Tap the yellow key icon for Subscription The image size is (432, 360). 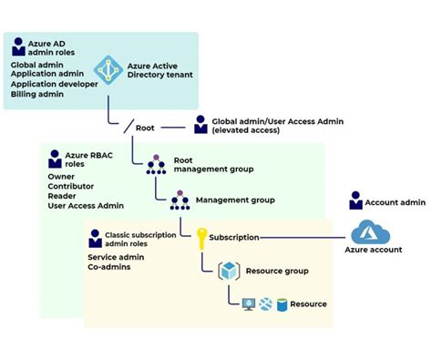coord(198,237)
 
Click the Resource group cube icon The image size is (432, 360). coord(230,271)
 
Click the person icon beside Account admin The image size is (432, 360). coord(356,200)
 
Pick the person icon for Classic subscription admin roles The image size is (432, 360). coord(95,240)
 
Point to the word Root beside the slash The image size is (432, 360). coord(145,129)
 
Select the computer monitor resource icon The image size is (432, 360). coord(247,303)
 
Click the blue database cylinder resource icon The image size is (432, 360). coord(283,303)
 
